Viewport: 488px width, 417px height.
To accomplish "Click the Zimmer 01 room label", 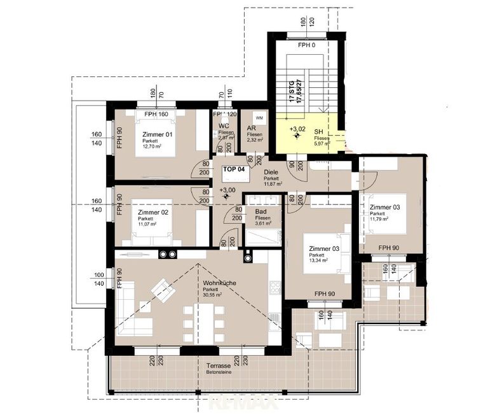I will tap(158, 134).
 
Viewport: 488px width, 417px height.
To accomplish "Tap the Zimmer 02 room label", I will tap(153, 213).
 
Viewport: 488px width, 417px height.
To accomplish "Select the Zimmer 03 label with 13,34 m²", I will tap(324, 248).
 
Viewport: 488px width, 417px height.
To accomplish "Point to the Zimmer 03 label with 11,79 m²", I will tap(385, 208).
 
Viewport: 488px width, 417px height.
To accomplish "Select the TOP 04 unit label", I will tap(234, 170).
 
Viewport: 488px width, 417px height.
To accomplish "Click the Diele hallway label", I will tap(273, 172).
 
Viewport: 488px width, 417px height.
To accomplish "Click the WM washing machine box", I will tap(259, 118).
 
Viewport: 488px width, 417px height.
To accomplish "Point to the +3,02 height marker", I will tap(297, 129).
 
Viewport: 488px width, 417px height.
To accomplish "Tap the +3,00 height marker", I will tap(227, 190).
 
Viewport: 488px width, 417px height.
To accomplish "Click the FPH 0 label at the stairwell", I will tap(308, 46).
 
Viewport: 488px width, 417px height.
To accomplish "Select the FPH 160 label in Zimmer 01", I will tap(156, 114).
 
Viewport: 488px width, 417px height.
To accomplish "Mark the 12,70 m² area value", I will tap(152, 146).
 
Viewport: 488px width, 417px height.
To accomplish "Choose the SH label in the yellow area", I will tap(318, 132).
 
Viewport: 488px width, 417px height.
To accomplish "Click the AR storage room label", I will tap(252, 128).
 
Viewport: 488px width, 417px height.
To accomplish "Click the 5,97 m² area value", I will tap(322, 144).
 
